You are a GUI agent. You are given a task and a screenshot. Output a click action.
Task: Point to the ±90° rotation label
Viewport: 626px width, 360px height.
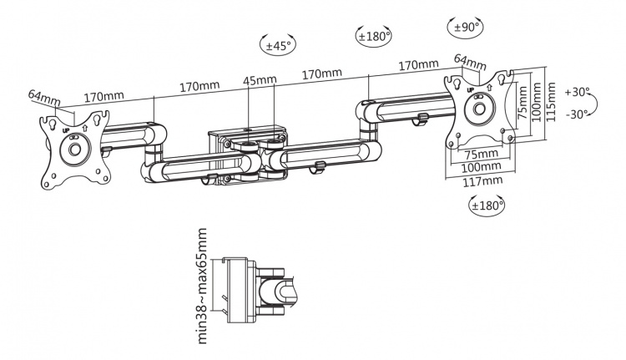point(465,28)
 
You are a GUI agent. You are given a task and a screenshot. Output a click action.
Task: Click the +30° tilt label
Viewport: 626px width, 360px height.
point(577,91)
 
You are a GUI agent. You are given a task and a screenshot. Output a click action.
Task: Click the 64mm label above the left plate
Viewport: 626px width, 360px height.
point(44,98)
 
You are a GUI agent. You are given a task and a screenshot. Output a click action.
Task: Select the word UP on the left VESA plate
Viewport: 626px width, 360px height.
point(64,129)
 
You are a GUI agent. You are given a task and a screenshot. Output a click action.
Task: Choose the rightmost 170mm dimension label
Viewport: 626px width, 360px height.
point(418,64)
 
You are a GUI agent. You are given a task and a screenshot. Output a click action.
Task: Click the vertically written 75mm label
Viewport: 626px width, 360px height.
point(520,106)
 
